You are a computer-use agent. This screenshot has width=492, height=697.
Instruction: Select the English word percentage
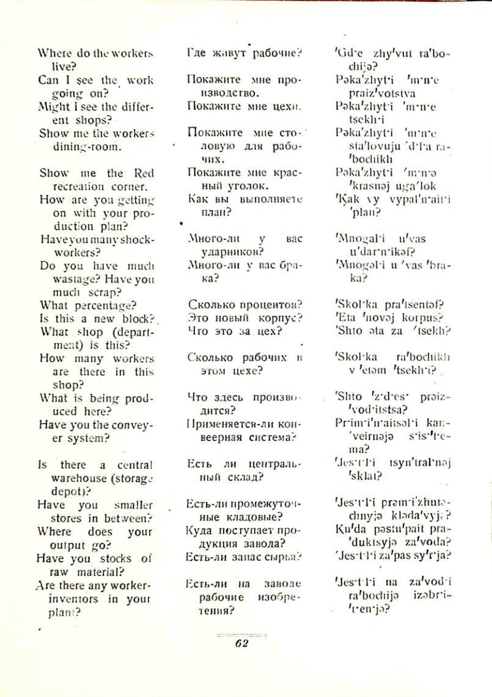(x=100, y=304)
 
